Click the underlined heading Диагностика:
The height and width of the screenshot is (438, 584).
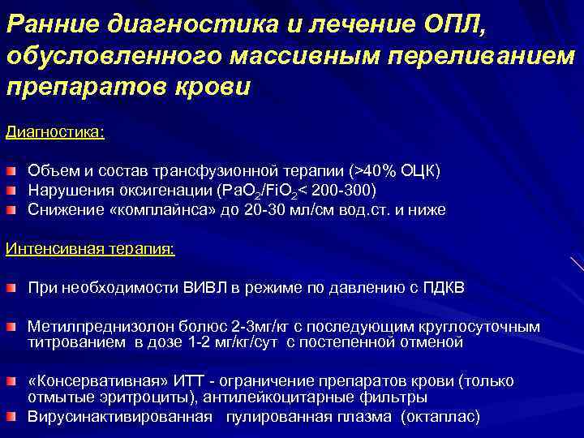pos(55,131)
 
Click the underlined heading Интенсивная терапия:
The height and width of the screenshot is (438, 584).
pos(90,248)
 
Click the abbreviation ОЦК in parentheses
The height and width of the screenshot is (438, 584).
pos(419,171)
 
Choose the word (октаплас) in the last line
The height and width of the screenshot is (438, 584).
pos(441,417)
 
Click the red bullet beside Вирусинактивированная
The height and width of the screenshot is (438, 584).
pos(12,417)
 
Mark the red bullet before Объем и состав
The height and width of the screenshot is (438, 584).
pos(12,171)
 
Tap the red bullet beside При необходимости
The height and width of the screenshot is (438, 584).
pos(12,288)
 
